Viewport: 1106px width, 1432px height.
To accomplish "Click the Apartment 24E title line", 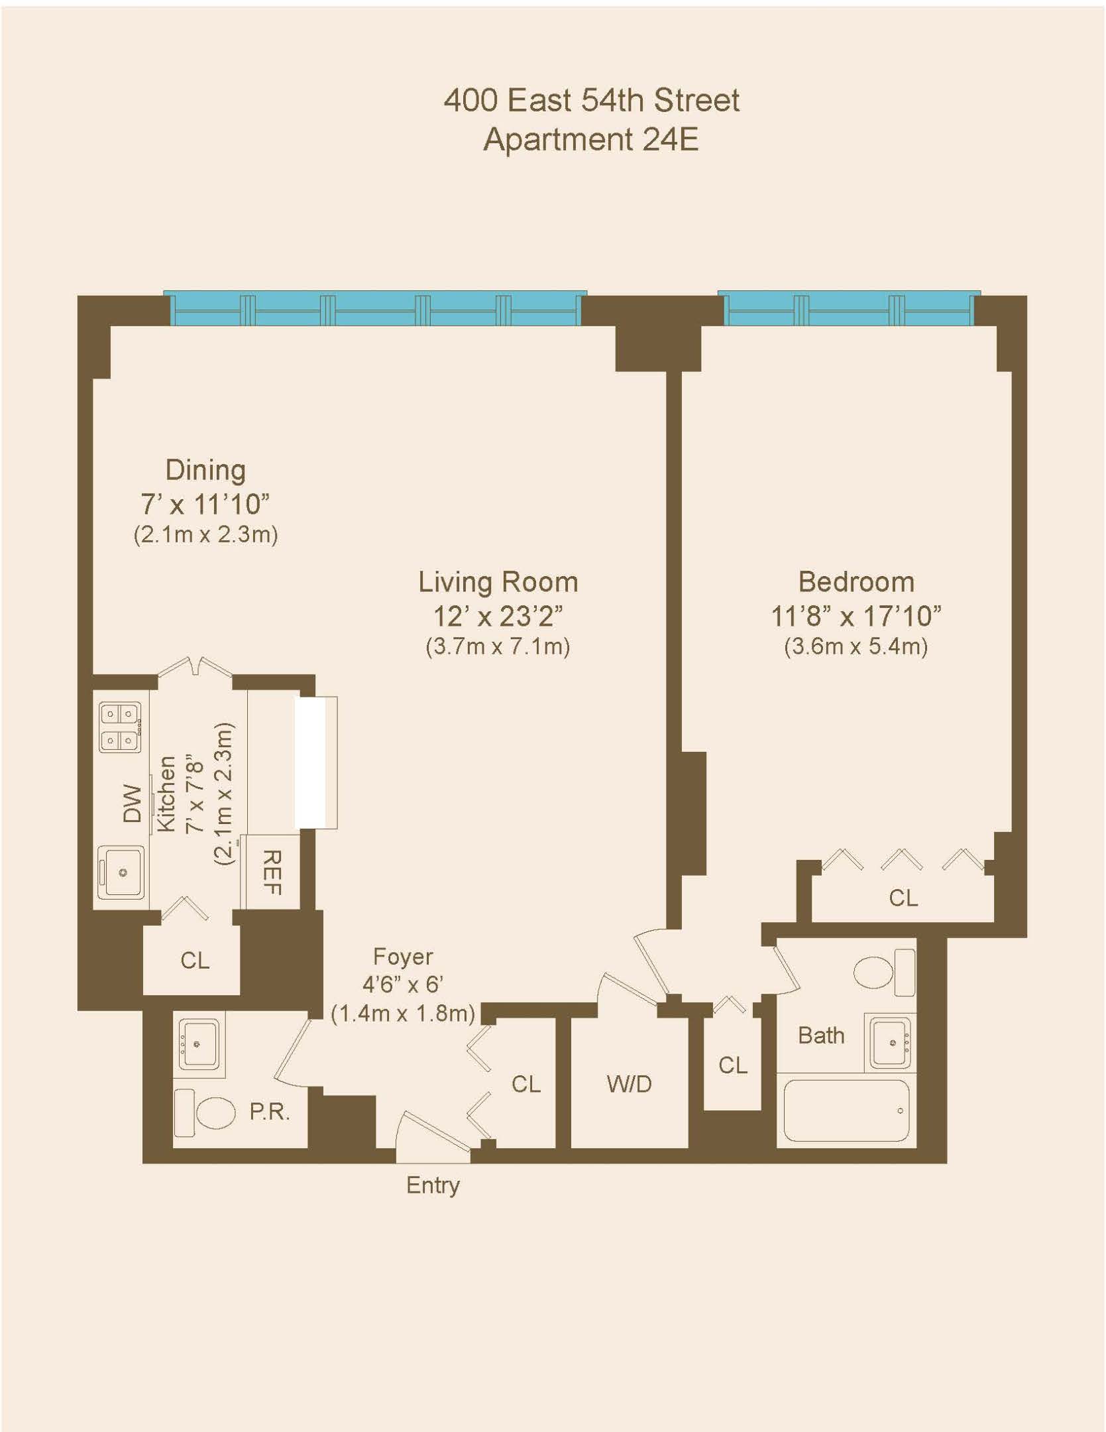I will (x=590, y=140).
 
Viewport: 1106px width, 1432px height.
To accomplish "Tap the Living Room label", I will (x=498, y=582).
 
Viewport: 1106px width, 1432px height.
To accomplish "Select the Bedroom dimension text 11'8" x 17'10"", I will (x=856, y=617).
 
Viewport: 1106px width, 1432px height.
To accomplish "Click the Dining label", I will (x=205, y=470).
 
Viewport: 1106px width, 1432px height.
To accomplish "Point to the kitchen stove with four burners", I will (x=120, y=727).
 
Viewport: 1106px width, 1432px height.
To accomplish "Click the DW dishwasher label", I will (x=133, y=804).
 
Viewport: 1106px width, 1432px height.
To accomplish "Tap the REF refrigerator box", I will (x=271, y=872).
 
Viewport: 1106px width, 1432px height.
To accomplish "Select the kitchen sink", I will (x=121, y=872).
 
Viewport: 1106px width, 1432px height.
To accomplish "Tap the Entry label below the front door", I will (x=433, y=1185).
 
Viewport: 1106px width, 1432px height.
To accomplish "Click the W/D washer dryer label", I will (x=629, y=1084).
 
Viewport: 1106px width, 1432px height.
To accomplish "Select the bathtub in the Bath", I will (x=846, y=1110).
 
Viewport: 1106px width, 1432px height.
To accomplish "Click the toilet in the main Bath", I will (x=881, y=972).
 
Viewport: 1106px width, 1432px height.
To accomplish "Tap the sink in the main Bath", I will (x=892, y=1043).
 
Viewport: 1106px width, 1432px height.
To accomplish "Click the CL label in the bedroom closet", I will (x=903, y=898).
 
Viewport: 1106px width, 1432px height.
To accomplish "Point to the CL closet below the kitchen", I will (x=194, y=960).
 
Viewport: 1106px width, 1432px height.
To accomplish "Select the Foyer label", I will (x=403, y=957).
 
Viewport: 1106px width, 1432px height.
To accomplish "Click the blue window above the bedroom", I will (x=848, y=309).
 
